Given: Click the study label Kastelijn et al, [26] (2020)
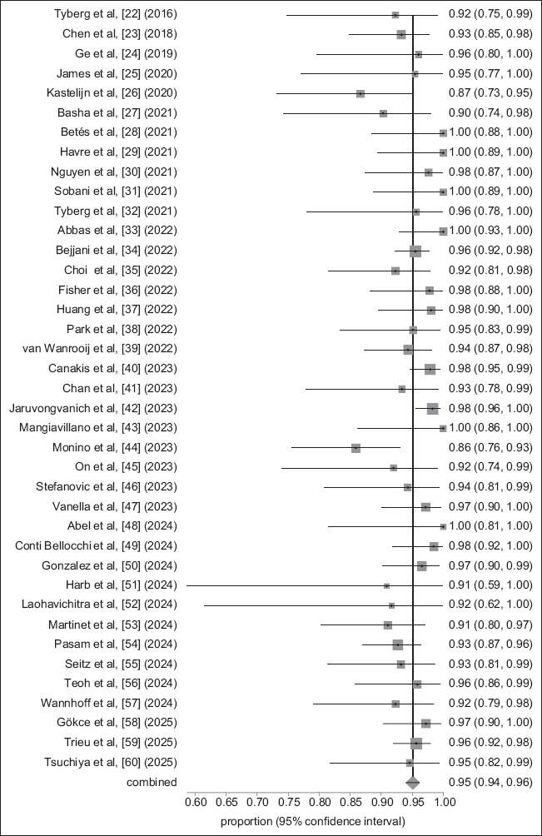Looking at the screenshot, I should click(x=119, y=93).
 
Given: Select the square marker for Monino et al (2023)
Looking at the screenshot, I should click(x=356, y=448).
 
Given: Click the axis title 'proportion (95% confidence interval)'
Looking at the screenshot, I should click(x=313, y=821).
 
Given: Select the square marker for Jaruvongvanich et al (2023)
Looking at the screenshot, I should click(x=432, y=408).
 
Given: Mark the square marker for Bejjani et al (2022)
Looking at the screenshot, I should click(x=415, y=251).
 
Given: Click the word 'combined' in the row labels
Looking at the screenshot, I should click(x=152, y=782).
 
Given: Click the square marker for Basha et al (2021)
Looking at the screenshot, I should click(x=383, y=113).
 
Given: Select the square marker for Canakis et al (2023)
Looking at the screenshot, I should click(x=430, y=369).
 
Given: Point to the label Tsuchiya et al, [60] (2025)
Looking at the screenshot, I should click(x=120, y=762).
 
